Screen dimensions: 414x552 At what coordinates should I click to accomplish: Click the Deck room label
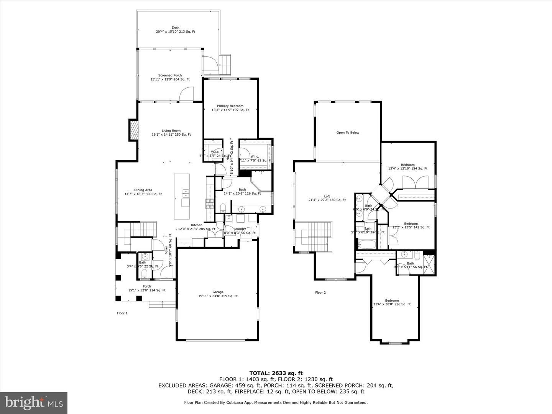175,30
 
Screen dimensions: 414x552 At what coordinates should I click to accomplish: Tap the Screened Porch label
170,77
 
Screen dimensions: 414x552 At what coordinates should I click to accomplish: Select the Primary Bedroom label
230,108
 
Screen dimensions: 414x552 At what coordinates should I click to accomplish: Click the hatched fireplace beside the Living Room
133,130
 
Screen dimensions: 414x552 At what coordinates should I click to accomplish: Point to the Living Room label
171,133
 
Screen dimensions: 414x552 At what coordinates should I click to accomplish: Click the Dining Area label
143,192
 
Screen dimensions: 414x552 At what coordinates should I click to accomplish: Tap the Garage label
218,294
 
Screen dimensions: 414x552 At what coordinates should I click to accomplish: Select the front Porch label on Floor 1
146,288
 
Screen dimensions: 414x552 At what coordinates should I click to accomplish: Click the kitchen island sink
186,193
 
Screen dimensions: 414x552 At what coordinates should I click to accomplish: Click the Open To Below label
348,133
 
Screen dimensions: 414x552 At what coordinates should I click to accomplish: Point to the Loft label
327,198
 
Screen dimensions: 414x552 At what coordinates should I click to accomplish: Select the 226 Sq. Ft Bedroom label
392,302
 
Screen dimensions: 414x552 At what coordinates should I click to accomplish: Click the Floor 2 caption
320,292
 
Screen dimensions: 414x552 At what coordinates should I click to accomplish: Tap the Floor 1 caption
122,313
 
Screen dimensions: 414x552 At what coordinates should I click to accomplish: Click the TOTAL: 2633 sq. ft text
276,373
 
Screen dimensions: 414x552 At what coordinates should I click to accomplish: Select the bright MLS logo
34,402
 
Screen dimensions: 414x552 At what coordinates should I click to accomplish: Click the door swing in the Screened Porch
186,94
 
